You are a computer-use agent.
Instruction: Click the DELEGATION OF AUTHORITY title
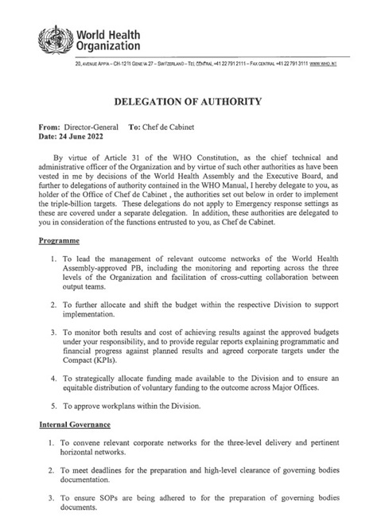pyautogui.click(x=189, y=102)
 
